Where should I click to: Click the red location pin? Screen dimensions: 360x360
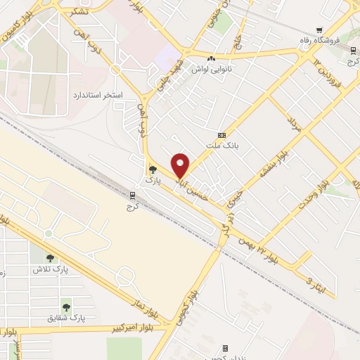coord(181,165)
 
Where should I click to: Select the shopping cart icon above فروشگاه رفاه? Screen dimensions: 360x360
coord(319,30)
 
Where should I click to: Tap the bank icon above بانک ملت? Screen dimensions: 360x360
coord(222,135)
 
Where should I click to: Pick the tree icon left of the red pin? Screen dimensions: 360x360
coord(153,169)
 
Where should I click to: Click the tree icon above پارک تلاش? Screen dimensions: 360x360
coord(49,258)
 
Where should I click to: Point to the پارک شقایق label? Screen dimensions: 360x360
coord(67,318)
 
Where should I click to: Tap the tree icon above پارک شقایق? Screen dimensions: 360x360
coord(67,307)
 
